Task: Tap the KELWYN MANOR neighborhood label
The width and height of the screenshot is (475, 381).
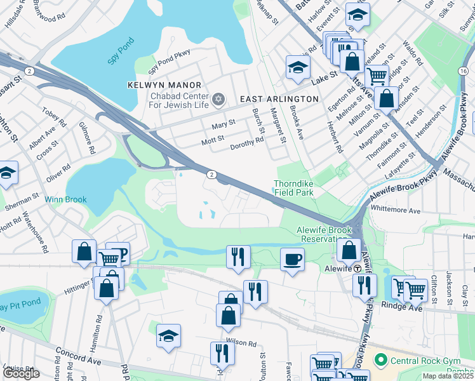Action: (x=164, y=85)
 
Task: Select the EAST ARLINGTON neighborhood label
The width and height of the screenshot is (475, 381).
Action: (x=279, y=99)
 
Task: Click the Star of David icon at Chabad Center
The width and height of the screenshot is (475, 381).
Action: (x=218, y=98)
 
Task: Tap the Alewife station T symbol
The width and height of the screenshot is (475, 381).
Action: (x=357, y=268)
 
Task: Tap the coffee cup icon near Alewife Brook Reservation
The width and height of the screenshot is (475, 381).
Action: (x=292, y=259)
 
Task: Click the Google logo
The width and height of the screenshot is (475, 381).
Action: (x=21, y=373)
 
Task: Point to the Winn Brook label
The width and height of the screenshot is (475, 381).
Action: (x=65, y=199)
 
